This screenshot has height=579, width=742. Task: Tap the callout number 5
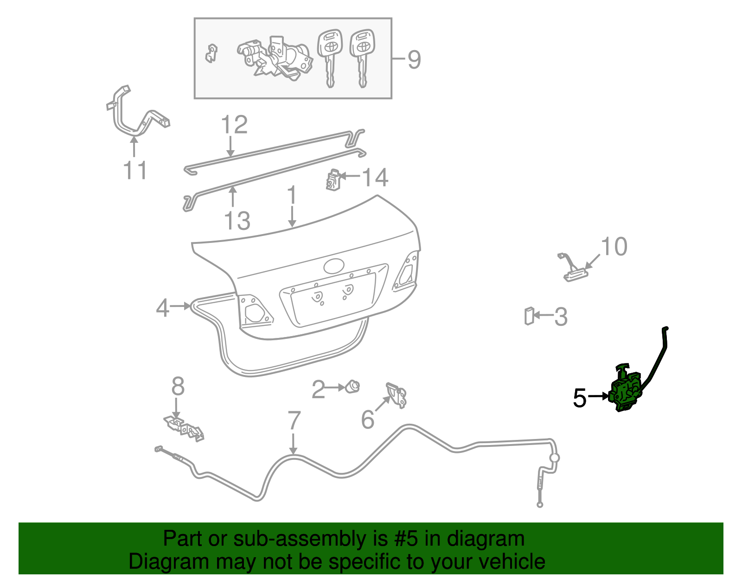(580, 398)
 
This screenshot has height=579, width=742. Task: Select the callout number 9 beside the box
(414, 60)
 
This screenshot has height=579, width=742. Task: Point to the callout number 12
(234, 125)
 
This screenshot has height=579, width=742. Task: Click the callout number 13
(237, 221)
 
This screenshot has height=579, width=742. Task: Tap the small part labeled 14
(333, 180)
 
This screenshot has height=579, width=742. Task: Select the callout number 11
(135, 170)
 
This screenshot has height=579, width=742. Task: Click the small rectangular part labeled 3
(529, 316)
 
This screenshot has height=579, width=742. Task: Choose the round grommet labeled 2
(353, 387)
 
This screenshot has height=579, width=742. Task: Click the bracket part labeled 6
(397, 395)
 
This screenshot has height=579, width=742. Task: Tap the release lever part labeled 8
(184, 429)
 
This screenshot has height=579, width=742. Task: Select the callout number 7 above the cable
(294, 420)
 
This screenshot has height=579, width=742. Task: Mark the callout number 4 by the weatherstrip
(162, 308)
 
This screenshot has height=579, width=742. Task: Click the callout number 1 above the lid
(292, 196)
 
